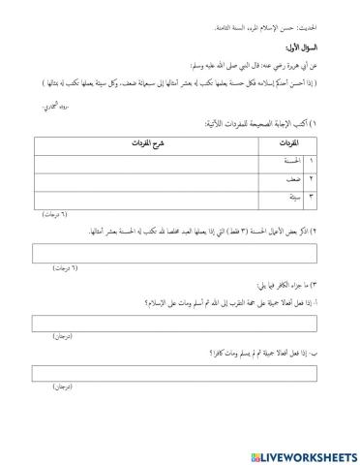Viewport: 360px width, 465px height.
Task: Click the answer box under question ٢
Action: click(180, 252)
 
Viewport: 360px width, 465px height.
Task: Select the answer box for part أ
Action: click(180, 323)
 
